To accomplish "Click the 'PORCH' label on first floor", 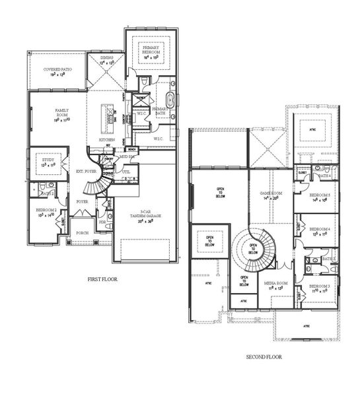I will point(83,232).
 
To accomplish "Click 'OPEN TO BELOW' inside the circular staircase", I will point(252,249).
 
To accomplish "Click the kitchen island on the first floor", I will point(106,117).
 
